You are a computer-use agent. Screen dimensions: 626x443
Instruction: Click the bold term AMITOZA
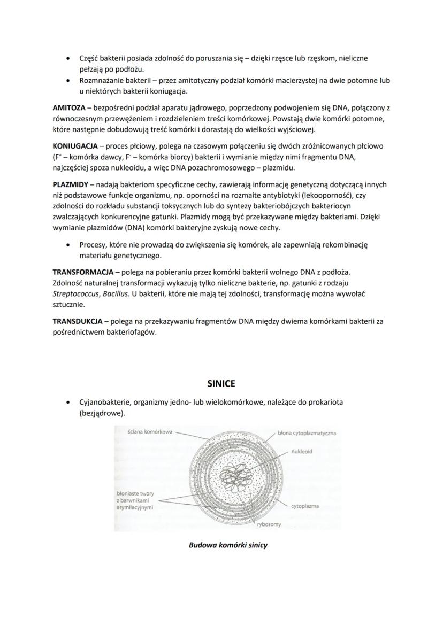68,108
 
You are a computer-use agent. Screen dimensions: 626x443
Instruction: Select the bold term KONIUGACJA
74,146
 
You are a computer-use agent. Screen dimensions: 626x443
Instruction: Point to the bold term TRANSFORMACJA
82,272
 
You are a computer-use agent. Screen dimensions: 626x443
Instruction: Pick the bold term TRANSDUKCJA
77,322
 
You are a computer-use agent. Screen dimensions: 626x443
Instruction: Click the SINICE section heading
221,384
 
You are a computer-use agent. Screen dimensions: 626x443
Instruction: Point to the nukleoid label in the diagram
302,451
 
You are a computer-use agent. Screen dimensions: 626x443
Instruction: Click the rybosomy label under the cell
269,524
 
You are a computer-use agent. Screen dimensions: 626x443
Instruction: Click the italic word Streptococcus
74,293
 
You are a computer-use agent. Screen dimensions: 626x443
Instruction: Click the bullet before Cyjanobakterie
67,401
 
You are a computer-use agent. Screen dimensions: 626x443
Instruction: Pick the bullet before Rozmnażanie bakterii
67,81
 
